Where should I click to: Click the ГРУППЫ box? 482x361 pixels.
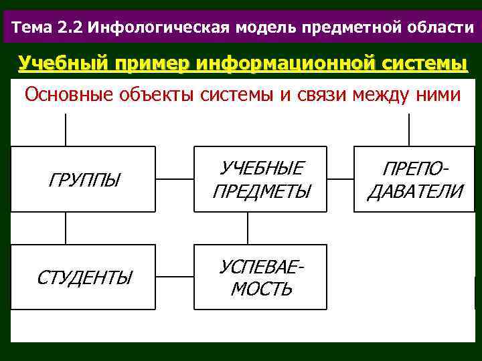click(x=84, y=179)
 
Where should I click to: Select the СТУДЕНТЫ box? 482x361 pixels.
click(x=84, y=277)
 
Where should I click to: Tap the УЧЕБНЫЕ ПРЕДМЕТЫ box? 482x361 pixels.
click(x=261, y=179)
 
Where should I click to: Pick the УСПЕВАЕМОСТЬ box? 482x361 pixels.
click(x=261, y=277)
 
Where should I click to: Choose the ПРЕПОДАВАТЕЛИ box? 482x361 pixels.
click(x=415, y=179)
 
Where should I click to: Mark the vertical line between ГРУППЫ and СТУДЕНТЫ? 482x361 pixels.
click(x=66, y=228)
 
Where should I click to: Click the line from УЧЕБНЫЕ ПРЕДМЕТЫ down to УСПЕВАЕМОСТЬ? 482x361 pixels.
click(x=248, y=228)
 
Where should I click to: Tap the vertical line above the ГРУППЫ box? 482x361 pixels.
click(x=66, y=130)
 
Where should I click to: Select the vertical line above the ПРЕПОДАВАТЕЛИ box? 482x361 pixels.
click(x=409, y=130)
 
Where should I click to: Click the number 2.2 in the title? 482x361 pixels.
click(x=70, y=27)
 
